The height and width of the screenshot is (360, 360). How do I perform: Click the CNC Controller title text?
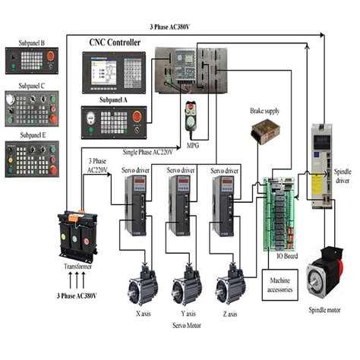115,43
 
